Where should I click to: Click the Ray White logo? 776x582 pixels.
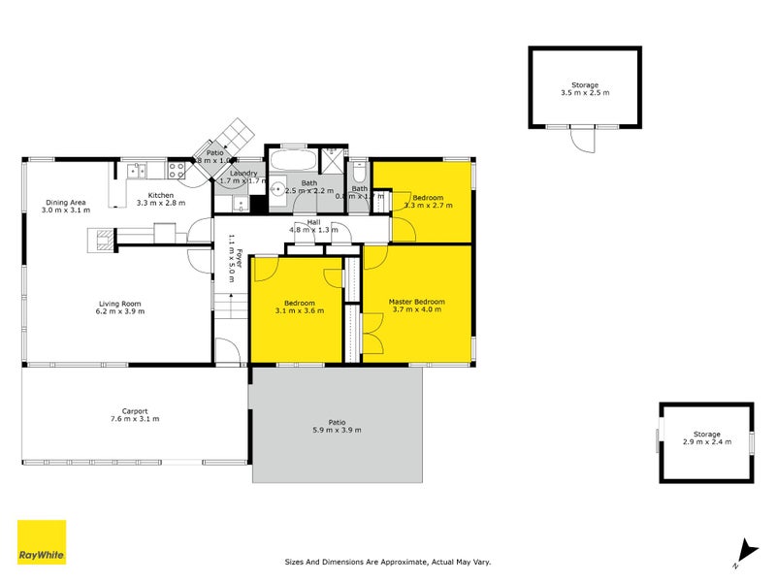pyautogui.click(x=42, y=542)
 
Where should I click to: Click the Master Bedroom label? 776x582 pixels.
pyautogui.click(x=416, y=302)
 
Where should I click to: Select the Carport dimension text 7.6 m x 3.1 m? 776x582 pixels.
pyautogui.click(x=135, y=419)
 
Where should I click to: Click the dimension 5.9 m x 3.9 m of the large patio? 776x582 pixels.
pyautogui.click(x=337, y=430)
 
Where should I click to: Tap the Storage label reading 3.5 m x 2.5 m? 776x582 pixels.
pyautogui.click(x=585, y=93)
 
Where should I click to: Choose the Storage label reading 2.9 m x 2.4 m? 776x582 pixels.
pyautogui.click(x=706, y=442)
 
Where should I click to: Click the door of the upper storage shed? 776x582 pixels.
pyautogui.click(x=581, y=140)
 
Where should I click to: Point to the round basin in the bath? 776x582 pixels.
pyautogui.click(x=276, y=190)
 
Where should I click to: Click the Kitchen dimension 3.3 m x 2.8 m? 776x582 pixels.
pyautogui.click(x=159, y=204)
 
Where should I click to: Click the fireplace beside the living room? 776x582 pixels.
pyautogui.click(x=101, y=239)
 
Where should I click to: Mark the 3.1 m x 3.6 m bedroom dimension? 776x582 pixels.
pyautogui.click(x=295, y=310)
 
